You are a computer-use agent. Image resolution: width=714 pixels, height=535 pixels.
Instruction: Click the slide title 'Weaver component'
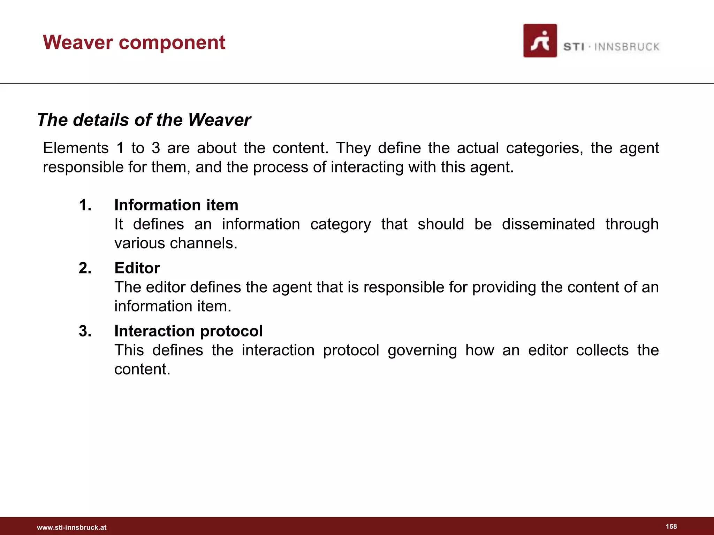click(134, 42)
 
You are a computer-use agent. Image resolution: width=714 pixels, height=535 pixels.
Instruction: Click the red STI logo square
click(540, 40)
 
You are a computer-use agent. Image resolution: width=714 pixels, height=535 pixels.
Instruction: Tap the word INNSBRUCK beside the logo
click(626, 47)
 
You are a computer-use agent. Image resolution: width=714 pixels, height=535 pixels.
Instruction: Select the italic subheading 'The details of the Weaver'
click(144, 120)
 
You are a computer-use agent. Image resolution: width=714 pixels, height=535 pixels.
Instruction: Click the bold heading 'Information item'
click(176, 205)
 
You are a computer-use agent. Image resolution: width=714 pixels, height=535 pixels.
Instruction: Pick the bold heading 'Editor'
click(137, 268)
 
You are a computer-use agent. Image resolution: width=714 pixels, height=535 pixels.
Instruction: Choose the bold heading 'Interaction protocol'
click(188, 331)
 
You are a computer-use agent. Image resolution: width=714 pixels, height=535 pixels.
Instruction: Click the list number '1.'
click(85, 205)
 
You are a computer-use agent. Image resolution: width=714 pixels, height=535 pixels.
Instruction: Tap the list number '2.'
click(85, 268)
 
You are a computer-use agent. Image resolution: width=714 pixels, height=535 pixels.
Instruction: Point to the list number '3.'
click(85, 331)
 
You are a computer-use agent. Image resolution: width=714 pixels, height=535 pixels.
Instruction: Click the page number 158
click(671, 526)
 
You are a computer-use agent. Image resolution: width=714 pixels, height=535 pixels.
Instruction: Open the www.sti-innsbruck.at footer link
click(71, 527)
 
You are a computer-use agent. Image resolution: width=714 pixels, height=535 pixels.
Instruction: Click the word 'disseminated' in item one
click(548, 224)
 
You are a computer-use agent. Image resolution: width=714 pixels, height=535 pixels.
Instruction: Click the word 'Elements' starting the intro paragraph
click(76, 148)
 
